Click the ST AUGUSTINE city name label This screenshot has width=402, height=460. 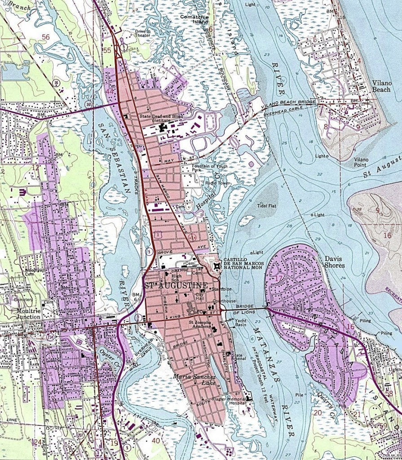pos(176,286)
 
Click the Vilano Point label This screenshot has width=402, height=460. pos(361,162)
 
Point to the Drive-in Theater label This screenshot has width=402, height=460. pos(143,34)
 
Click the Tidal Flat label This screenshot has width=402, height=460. pos(265,206)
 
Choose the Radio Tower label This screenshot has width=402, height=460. pos(217,183)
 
